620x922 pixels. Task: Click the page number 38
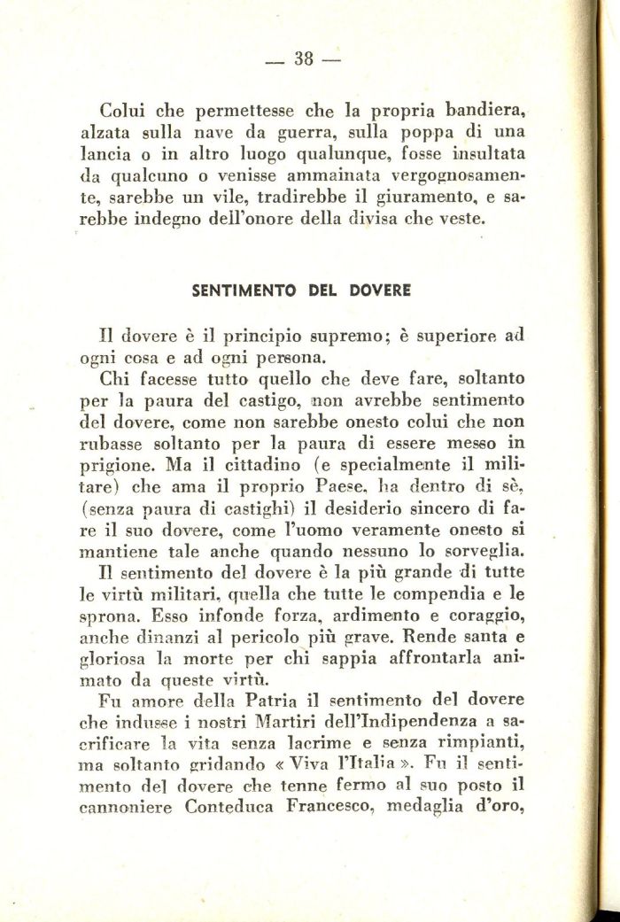click(x=304, y=59)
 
